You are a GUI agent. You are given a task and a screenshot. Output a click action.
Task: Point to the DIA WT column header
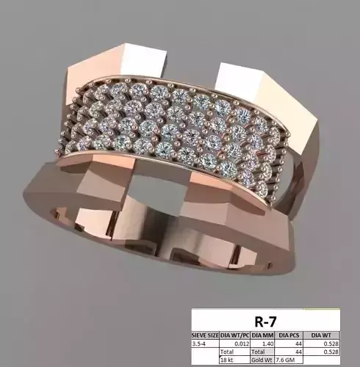(x=328, y=334)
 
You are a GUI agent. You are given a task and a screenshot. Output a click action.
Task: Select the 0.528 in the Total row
(x=335, y=352)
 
